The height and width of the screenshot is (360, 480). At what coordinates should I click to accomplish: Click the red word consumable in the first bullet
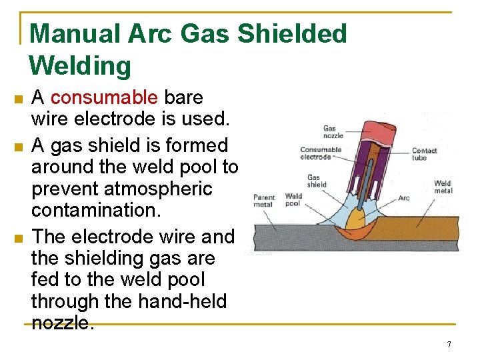pos(104,98)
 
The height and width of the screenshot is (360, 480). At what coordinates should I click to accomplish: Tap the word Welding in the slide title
pos(80,66)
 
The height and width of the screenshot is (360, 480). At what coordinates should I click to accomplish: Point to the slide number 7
pos(449,345)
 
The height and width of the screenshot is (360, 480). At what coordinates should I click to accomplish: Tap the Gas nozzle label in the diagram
pos(334,131)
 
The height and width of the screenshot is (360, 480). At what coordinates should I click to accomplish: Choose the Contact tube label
pos(424,154)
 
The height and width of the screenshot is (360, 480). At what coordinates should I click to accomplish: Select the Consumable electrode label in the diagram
pos(320,153)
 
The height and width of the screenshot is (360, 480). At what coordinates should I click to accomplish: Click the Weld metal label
pos(443,187)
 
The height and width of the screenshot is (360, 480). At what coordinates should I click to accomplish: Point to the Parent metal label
pos(263,200)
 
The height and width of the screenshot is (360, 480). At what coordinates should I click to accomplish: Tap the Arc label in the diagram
pos(403,198)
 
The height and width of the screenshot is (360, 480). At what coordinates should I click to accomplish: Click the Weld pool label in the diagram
pos(293,200)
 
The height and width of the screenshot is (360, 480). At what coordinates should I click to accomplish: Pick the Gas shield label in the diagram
pos(317,181)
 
